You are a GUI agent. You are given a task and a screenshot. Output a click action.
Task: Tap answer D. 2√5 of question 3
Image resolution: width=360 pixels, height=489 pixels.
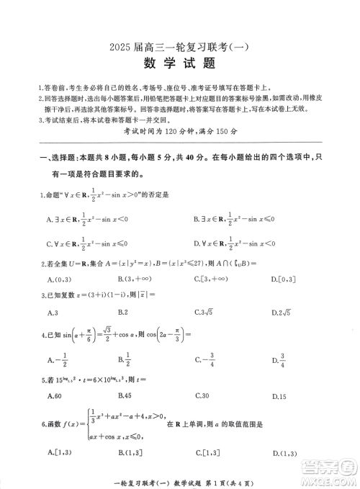286,312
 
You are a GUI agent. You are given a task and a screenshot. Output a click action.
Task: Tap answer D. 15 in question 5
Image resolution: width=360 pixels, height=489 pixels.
279,397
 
